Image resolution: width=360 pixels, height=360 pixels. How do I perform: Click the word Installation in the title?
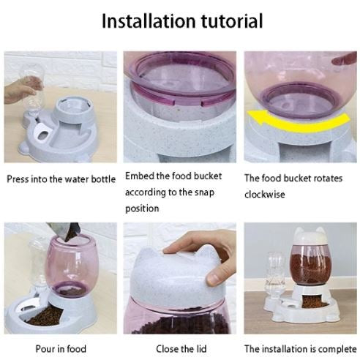(x=149, y=21)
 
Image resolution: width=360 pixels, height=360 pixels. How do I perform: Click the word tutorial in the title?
(x=232, y=21)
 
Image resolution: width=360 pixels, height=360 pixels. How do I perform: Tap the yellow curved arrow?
(x=298, y=121)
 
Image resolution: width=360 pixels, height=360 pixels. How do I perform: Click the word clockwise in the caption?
(x=265, y=195)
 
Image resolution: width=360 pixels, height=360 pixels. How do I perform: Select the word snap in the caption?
(x=204, y=192)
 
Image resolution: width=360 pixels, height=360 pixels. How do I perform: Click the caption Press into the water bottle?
(x=61, y=179)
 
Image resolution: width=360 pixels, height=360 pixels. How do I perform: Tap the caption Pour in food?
(x=61, y=349)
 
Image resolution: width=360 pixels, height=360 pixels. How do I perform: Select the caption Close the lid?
(x=181, y=349)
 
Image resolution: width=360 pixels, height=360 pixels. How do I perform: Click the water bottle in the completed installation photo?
(x=276, y=275)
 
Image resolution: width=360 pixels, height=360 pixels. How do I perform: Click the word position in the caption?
(x=142, y=209)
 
